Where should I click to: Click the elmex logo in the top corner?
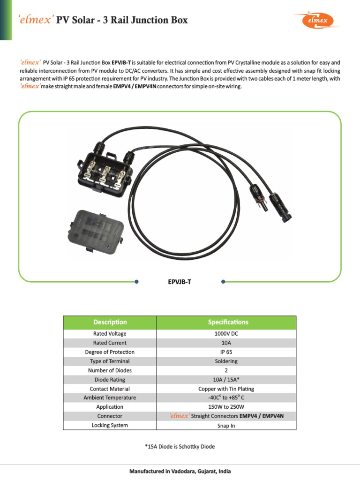[320, 20]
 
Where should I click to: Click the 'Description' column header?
[110, 322]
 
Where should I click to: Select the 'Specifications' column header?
[228, 322]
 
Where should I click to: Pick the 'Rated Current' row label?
[110, 343]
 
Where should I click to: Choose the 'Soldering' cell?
[227, 361]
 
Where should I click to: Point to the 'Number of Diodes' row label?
[110, 370]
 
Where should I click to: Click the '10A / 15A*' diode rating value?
[227, 380]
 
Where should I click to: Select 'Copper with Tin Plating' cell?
[227, 389]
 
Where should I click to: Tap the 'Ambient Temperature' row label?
[110, 397]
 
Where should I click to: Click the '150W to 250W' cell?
[227, 407]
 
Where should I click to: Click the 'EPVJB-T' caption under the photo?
[180, 282]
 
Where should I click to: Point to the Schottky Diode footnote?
[180, 446]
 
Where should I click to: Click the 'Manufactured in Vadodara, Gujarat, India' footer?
[180, 471]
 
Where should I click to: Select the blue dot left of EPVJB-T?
[136, 282]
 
